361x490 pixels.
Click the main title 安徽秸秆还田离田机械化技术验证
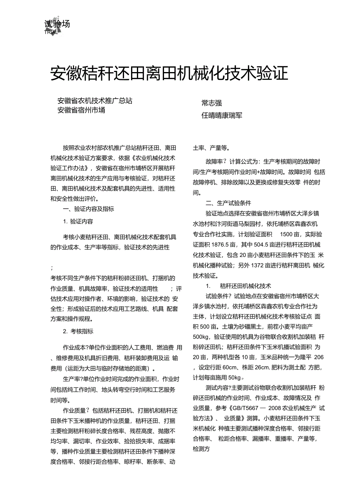[169, 73]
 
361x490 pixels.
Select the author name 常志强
[211, 103]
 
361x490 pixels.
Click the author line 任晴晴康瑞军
[222, 116]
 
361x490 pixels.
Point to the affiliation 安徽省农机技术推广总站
[95, 101]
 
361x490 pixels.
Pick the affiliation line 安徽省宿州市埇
[81, 110]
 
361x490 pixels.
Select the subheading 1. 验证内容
[78, 221]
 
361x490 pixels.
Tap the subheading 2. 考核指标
[78, 331]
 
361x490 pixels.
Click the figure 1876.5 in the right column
[214, 244]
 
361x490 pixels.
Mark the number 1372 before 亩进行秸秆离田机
[259, 265]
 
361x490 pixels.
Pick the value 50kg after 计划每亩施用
[236, 377]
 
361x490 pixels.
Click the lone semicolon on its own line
[52, 268]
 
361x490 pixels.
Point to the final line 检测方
[202, 449]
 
